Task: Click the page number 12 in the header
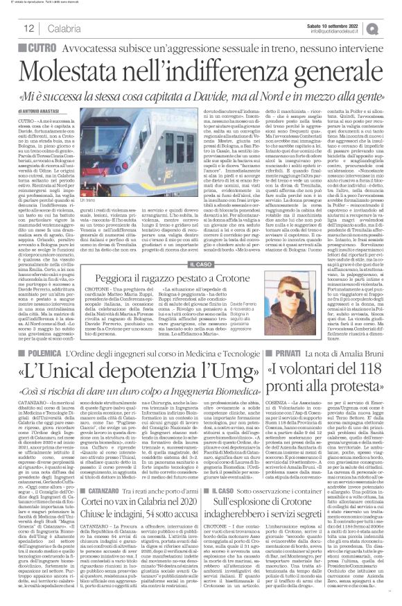pos(12,28)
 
